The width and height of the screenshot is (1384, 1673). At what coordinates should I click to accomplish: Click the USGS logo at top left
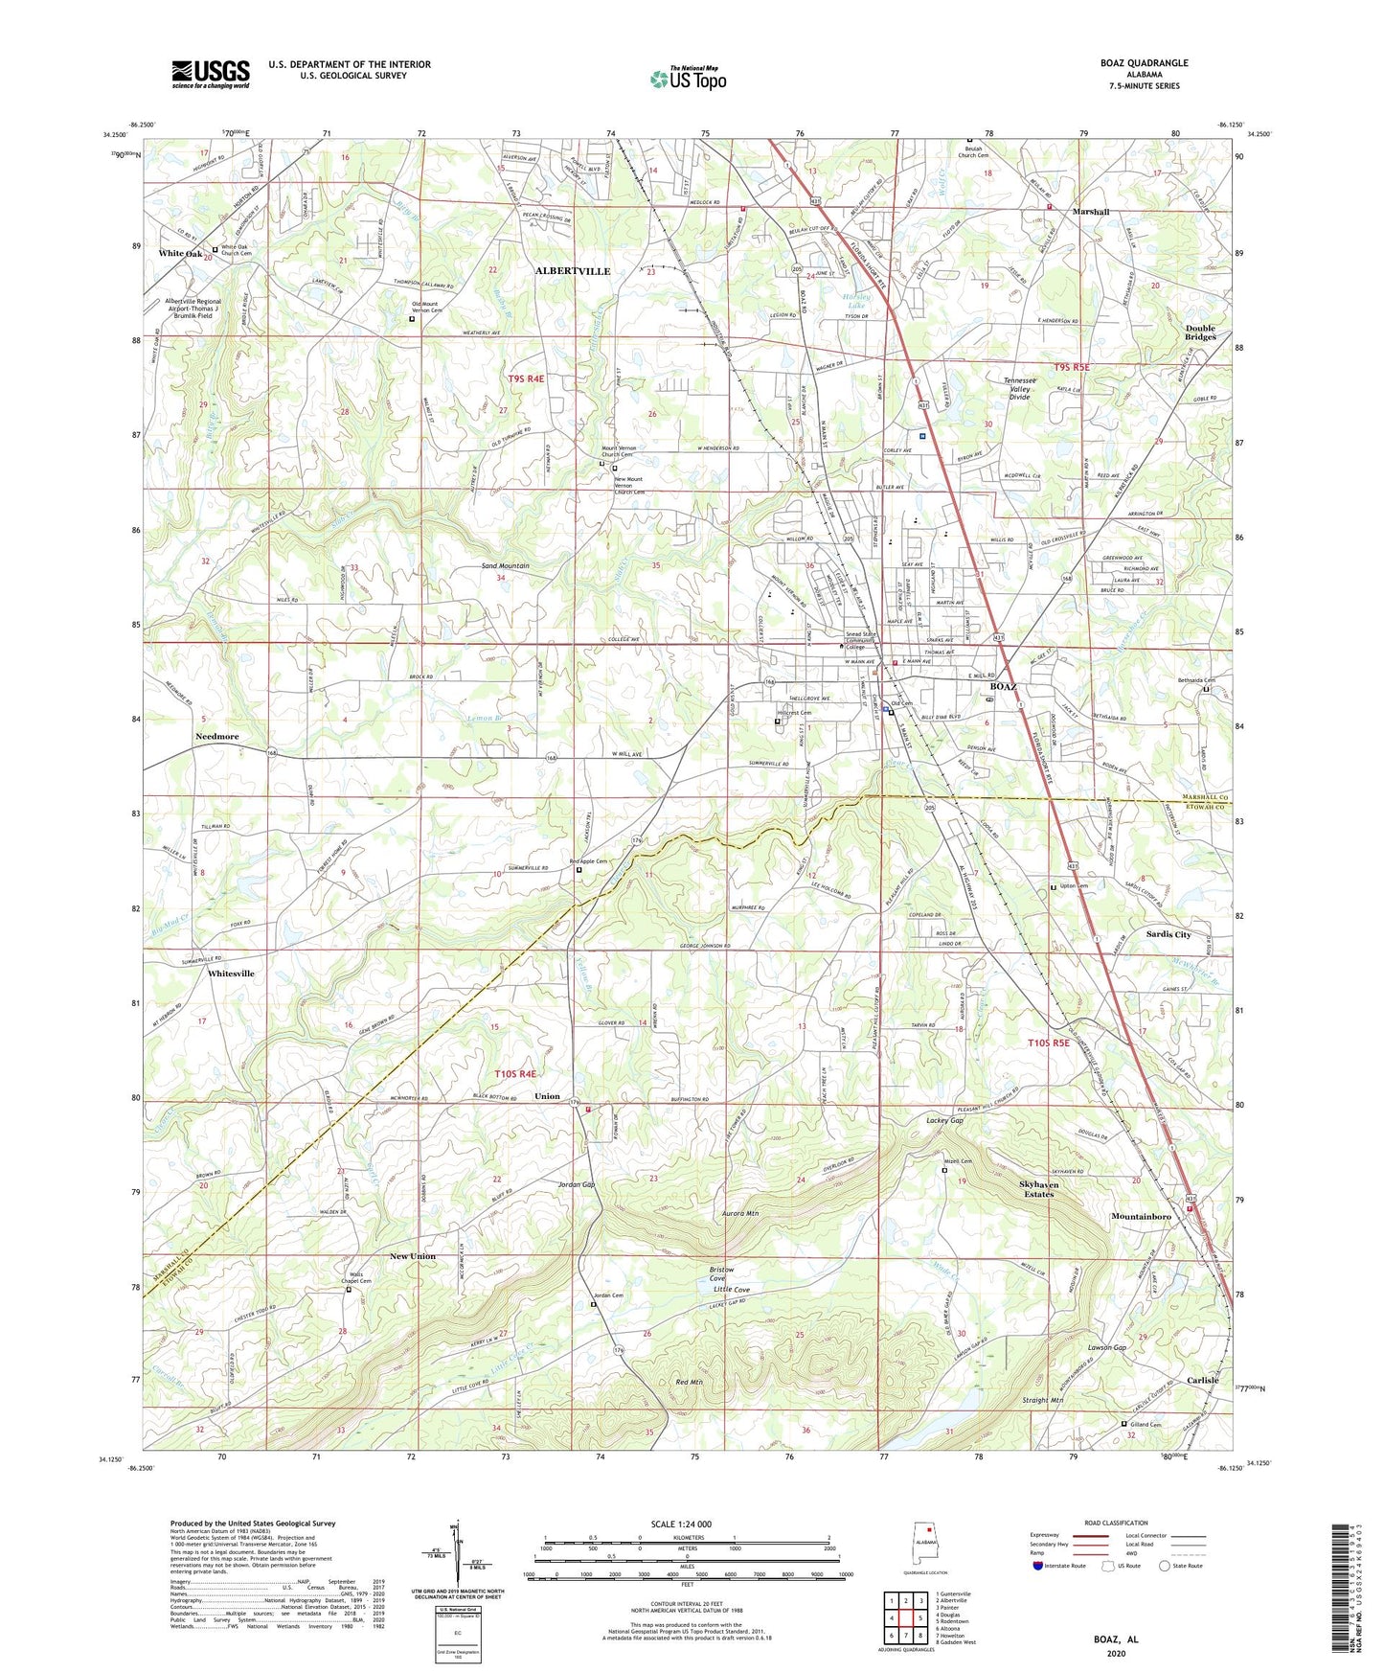[x=211, y=73]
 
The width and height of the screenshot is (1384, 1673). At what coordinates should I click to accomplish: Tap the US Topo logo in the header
[x=688, y=79]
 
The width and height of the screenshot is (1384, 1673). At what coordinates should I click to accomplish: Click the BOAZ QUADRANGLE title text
[x=1145, y=63]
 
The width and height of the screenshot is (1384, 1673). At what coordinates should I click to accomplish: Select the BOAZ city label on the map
[x=1003, y=687]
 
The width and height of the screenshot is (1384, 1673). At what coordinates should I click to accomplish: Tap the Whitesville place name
[x=231, y=973]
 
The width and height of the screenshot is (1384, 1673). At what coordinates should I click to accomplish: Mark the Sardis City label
[x=1168, y=933]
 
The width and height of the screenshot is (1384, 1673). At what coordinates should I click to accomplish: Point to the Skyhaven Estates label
[x=1037, y=1189]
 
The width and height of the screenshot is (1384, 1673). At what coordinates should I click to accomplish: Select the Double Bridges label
[x=1200, y=332]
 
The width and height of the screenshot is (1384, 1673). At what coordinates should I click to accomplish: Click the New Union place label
[x=412, y=1255]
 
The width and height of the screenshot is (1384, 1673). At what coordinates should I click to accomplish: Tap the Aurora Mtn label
[x=740, y=1213]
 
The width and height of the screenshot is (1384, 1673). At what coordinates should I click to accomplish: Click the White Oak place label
[x=180, y=254]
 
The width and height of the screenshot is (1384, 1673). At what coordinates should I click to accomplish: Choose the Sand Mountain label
[x=505, y=565]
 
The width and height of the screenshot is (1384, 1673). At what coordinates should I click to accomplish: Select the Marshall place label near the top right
[x=1090, y=212]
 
